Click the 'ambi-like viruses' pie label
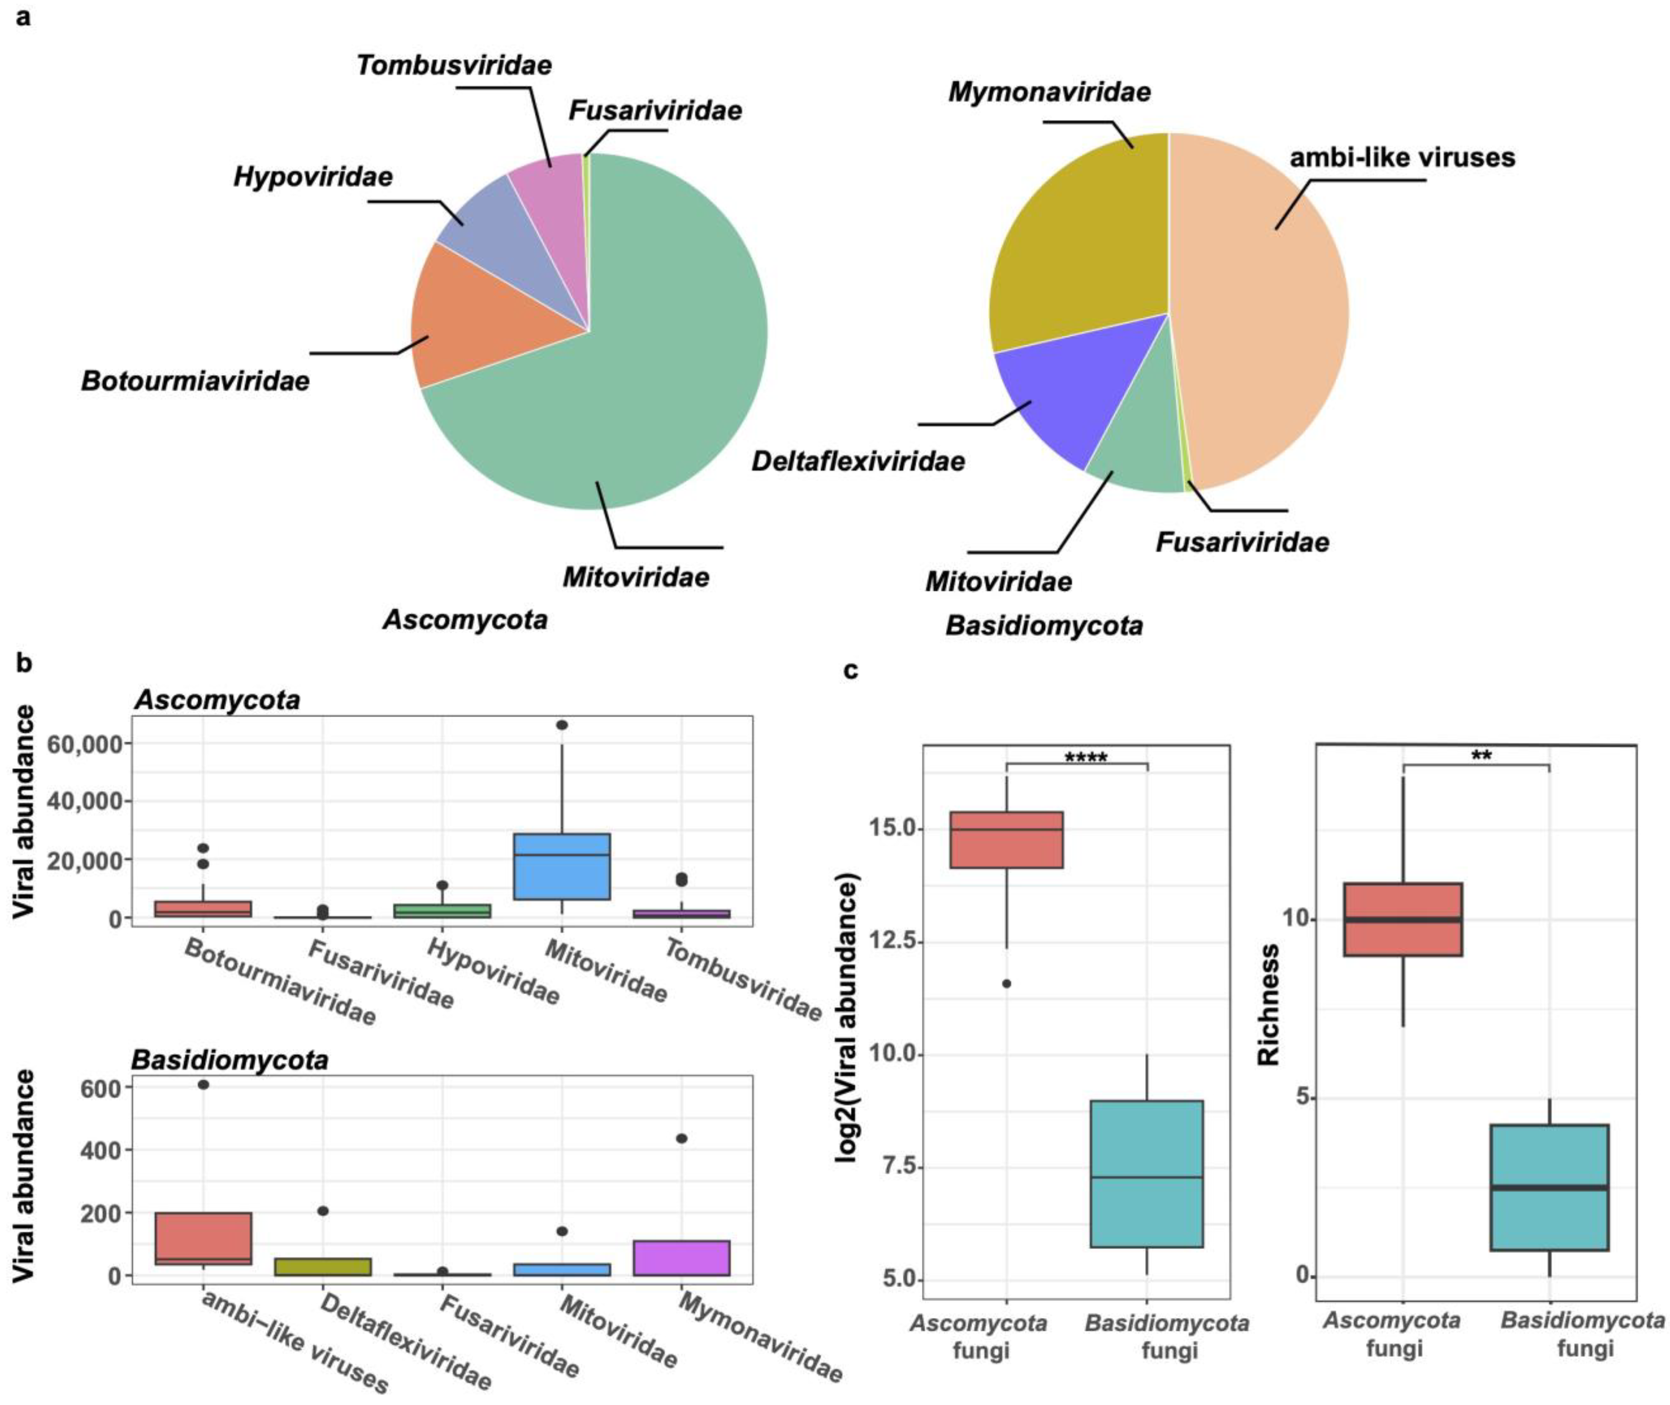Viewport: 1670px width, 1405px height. click(x=1402, y=158)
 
